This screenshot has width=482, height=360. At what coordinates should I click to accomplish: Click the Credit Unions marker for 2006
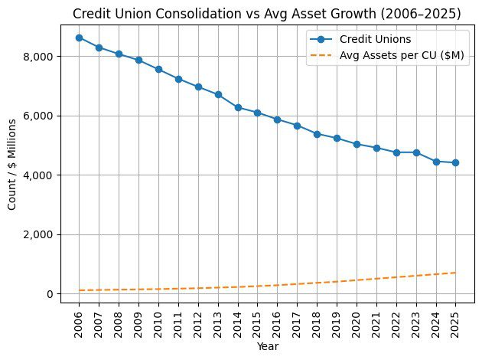coord(80,38)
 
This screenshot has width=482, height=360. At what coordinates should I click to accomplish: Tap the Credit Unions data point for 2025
coord(455,162)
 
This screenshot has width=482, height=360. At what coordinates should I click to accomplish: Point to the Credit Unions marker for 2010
coord(158,69)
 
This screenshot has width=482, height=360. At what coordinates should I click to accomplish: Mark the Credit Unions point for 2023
coord(415,152)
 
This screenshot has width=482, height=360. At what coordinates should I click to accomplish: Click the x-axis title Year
coord(267,347)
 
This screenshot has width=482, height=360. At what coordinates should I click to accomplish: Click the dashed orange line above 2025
coord(455,273)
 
